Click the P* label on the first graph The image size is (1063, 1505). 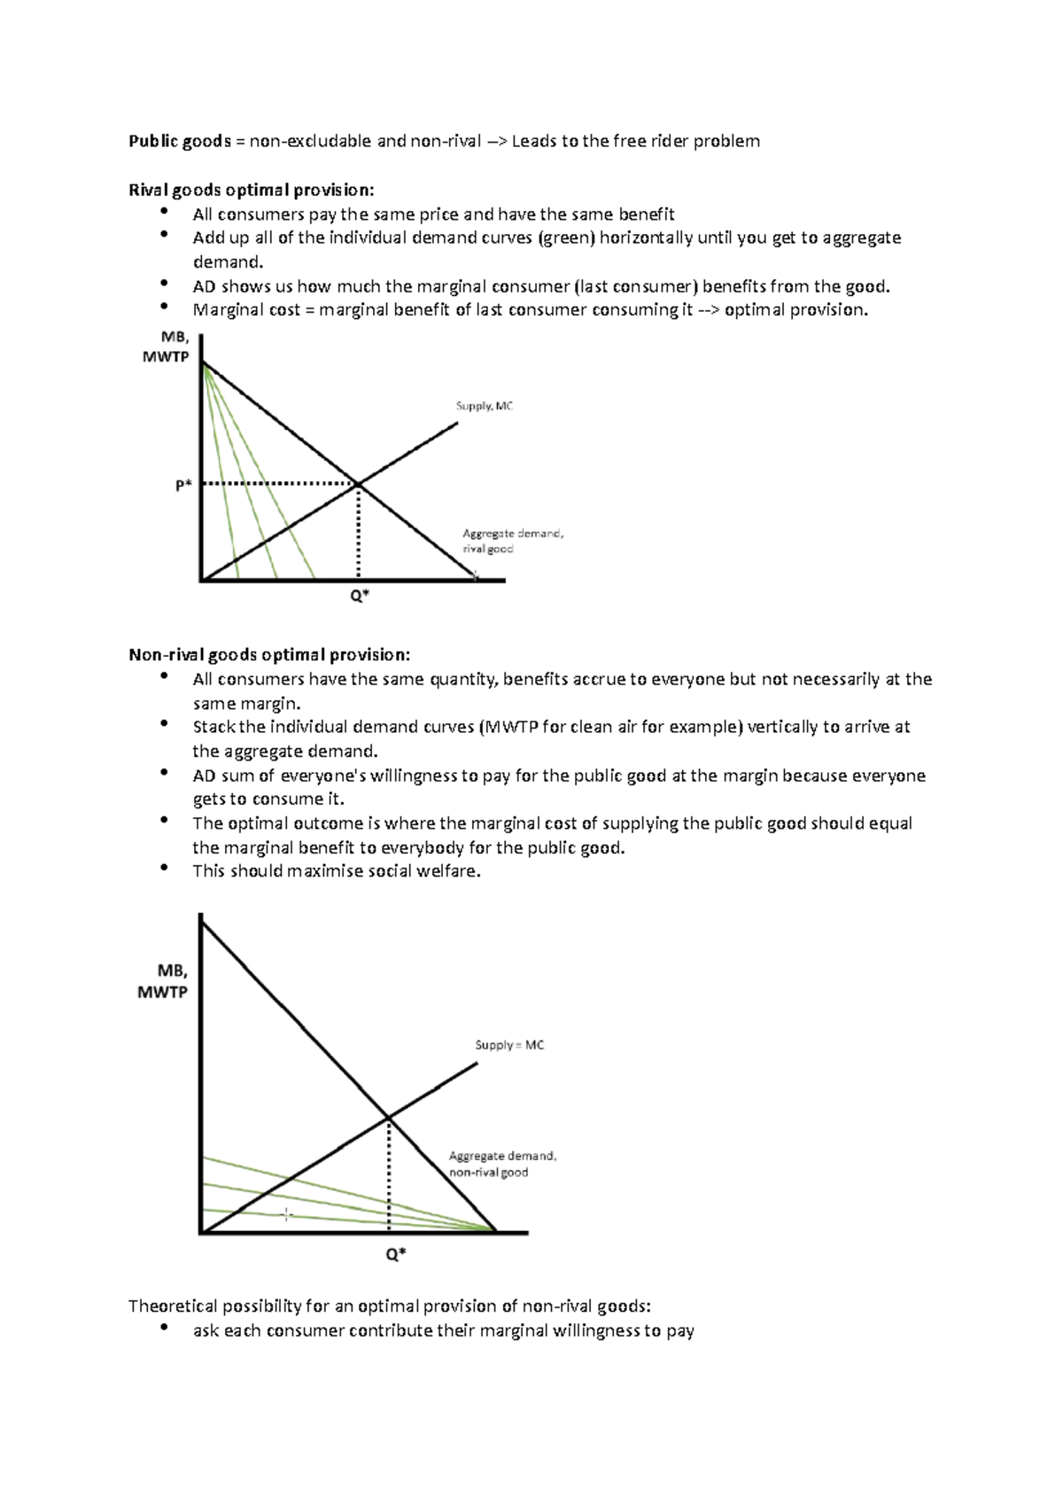point(183,485)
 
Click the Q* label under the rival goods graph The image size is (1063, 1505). point(359,597)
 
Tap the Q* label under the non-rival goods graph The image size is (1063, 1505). point(395,1254)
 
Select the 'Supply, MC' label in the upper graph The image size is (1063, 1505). point(485,406)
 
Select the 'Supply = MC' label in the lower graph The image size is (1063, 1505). point(509,1045)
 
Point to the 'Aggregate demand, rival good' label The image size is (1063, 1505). point(512,541)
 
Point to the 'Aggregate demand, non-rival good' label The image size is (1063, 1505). point(501,1164)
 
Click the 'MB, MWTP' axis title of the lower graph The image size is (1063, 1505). point(164,982)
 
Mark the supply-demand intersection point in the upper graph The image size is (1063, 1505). point(359,484)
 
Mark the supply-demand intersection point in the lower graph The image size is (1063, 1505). point(389,1118)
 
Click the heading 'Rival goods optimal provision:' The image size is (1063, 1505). point(252,190)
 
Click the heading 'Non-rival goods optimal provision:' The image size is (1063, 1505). point(269,655)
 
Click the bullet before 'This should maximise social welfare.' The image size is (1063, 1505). point(164,869)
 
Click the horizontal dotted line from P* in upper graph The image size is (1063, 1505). point(279,484)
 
